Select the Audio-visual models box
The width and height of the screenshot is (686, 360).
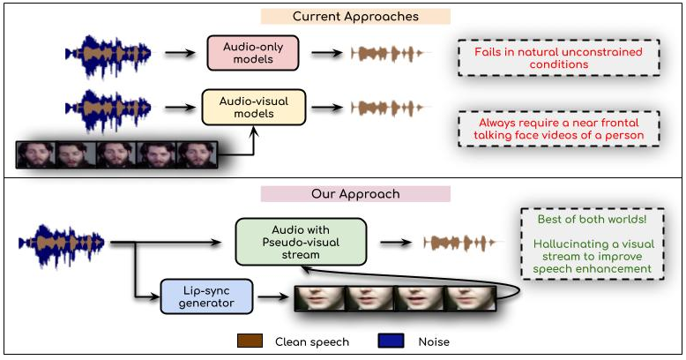tap(253, 107)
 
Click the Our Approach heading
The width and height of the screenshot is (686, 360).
tap(355, 193)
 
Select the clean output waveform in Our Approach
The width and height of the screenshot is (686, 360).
tap(460, 242)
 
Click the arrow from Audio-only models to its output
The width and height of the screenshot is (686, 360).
tap(325, 53)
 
